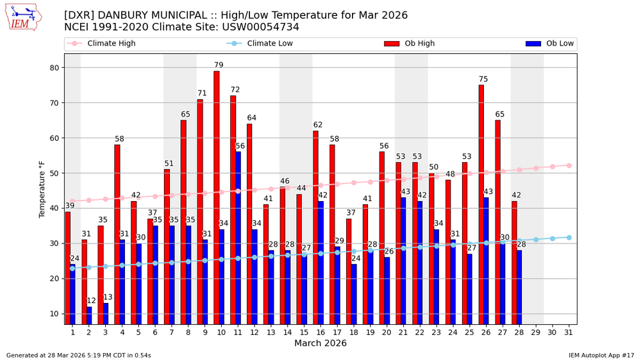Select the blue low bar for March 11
[x=238, y=237]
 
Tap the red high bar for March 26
[x=481, y=204]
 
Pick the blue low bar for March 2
[x=89, y=315]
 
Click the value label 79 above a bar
[x=219, y=65]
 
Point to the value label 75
[x=483, y=79]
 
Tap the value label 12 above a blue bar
[x=92, y=300]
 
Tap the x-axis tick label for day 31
[x=568, y=331]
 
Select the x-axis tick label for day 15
[x=304, y=331]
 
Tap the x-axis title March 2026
[x=320, y=343]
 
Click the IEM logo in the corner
[x=24, y=18]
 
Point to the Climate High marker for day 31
[x=569, y=165]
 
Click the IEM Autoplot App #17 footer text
[x=601, y=355]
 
